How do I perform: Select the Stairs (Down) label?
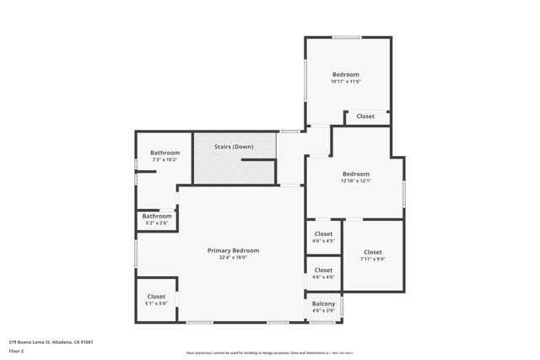point(234,147)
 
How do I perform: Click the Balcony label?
point(324,304)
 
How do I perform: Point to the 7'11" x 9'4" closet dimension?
point(373,260)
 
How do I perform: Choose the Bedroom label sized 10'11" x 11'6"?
point(346,75)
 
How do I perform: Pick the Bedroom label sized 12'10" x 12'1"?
point(355,174)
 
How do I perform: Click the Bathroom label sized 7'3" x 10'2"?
point(165,153)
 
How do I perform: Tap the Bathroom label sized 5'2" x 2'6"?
point(157,216)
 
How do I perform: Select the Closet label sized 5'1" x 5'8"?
point(156,296)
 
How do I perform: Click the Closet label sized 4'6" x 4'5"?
point(323,234)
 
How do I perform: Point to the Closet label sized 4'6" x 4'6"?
point(323,270)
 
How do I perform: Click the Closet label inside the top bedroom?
point(365,116)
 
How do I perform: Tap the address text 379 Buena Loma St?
point(51,342)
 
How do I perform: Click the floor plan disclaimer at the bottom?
point(269,353)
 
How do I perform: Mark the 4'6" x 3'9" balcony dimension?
point(324,311)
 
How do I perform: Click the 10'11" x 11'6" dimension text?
point(346,82)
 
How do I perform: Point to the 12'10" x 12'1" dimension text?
point(355,180)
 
